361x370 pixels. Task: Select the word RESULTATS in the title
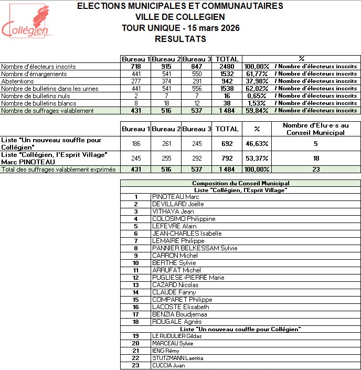tap(181, 39)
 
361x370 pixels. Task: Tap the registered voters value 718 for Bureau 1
tap(136, 67)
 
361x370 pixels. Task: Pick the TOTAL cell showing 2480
tap(227, 67)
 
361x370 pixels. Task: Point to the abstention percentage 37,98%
tap(257, 81)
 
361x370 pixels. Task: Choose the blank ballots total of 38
tap(227, 103)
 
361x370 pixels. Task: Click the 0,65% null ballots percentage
tap(257, 96)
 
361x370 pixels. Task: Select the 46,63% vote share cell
tap(257, 143)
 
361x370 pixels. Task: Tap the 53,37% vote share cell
tap(257, 158)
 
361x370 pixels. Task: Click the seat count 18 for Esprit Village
tap(315, 158)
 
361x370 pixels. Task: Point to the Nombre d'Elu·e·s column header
tap(315, 129)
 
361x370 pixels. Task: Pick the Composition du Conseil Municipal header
tap(241, 183)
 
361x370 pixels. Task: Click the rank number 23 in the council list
tap(136, 365)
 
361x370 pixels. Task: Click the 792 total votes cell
tap(227, 158)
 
